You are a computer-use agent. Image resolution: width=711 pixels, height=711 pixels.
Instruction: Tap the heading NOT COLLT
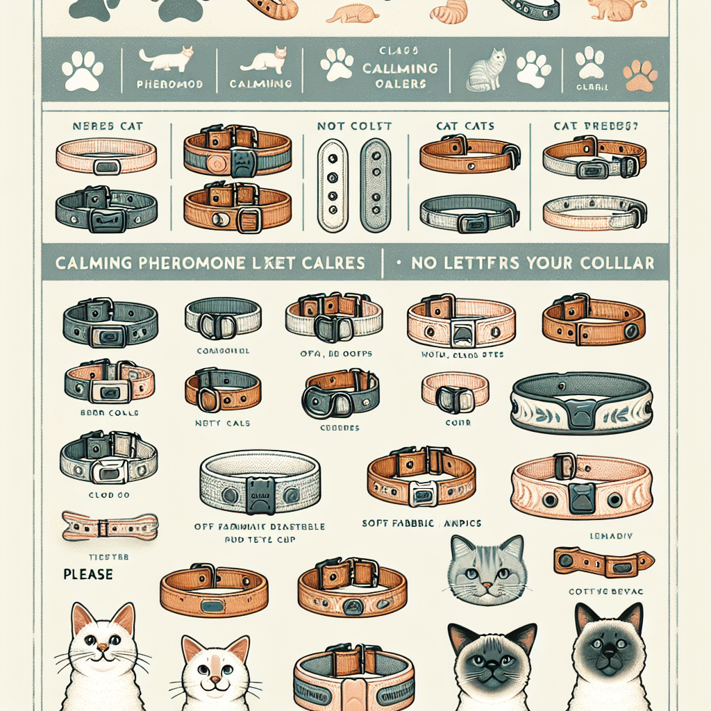click(354, 126)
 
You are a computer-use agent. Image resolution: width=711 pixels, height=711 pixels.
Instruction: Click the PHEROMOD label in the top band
click(160, 83)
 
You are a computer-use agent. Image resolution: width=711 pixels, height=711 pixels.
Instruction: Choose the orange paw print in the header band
click(640, 76)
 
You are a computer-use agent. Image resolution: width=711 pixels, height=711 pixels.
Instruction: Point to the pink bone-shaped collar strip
click(110, 526)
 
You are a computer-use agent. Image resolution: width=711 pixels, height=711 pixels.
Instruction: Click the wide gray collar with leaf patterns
click(582, 405)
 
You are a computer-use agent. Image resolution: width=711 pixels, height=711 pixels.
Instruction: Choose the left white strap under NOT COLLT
click(331, 185)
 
